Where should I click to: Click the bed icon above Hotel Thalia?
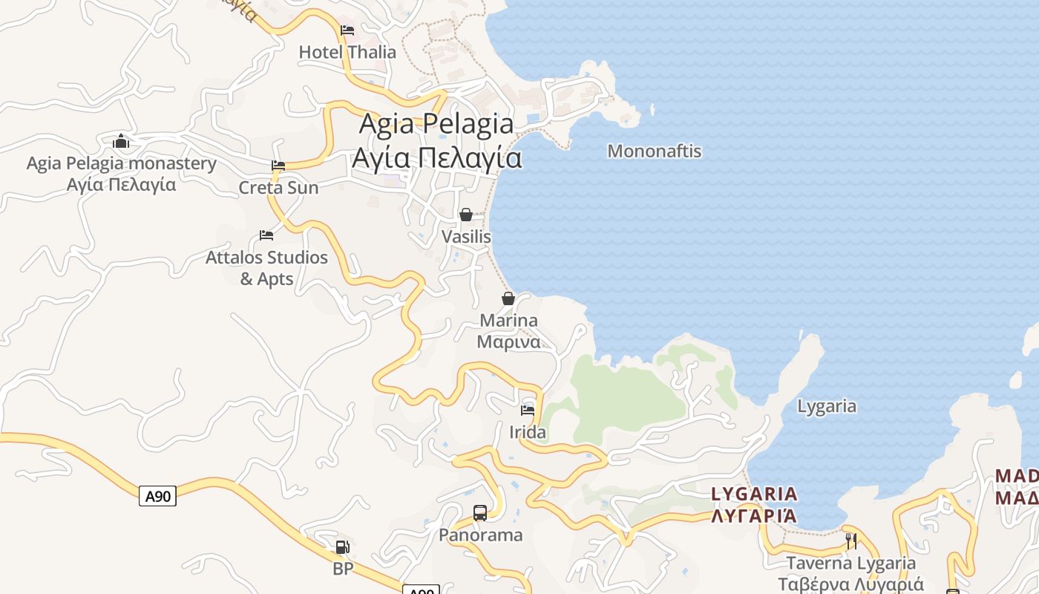[x=347, y=30]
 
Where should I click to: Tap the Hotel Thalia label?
[x=347, y=53]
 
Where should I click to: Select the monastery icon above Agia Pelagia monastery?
[x=121, y=141]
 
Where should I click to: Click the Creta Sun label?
[x=278, y=188]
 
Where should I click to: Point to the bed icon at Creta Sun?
[x=278, y=166]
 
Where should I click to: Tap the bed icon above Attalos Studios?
[x=266, y=235]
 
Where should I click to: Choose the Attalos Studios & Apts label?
[x=266, y=268]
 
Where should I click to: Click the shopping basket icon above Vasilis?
[x=466, y=215]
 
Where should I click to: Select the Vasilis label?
[x=466, y=237]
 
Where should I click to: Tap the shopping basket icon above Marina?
[x=508, y=299]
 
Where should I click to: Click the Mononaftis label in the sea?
[x=654, y=151]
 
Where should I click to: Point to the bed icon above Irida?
[x=528, y=410]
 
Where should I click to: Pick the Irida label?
[x=528, y=432]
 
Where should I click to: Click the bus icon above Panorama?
[x=480, y=512]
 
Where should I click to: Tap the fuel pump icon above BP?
[x=342, y=547]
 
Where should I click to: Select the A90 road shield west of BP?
[x=157, y=496]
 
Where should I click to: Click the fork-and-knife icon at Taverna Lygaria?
[x=851, y=541]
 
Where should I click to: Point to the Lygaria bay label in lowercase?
[x=827, y=406]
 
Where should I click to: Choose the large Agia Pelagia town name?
[x=436, y=140]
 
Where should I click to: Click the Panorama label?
[x=481, y=535]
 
